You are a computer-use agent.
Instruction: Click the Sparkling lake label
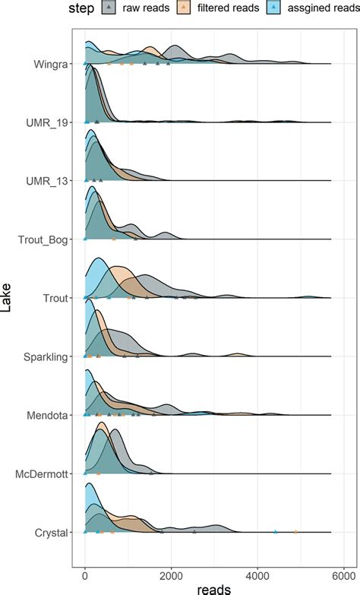[44, 356]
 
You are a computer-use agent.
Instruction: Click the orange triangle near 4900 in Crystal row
[295, 532]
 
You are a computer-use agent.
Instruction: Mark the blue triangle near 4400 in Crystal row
[275, 532]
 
